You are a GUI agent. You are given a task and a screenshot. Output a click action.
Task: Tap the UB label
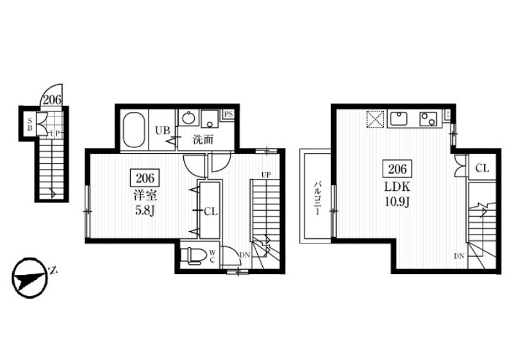pyautogui.click(x=163, y=131)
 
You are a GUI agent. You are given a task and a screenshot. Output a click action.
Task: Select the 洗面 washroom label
pyautogui.click(x=203, y=140)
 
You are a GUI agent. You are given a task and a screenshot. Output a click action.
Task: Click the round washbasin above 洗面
pyautogui.click(x=188, y=118)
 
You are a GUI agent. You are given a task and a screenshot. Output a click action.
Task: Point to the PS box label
pyautogui.click(x=229, y=115)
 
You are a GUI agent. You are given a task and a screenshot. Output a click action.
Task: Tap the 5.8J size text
pyautogui.click(x=145, y=210)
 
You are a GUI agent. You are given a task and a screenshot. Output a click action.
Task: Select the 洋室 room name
pyautogui.click(x=145, y=196)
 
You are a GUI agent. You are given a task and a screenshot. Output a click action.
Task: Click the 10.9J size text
pyautogui.click(x=397, y=202)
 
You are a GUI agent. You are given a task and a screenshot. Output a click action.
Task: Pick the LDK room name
pyautogui.click(x=397, y=187)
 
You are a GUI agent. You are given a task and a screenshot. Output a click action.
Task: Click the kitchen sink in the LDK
pyautogui.click(x=399, y=119)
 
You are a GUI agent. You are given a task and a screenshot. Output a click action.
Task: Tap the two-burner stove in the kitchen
pyautogui.click(x=428, y=119)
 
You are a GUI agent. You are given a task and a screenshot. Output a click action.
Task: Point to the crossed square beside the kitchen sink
pyautogui.click(x=376, y=119)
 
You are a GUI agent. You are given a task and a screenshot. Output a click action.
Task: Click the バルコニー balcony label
pyautogui.click(x=317, y=197)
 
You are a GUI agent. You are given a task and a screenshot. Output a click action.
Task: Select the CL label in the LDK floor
pyautogui.click(x=482, y=168)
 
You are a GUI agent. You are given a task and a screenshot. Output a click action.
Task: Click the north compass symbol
pyautogui.click(x=29, y=278)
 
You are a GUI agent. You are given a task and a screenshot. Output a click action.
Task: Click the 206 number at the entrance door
pyautogui.click(x=53, y=100)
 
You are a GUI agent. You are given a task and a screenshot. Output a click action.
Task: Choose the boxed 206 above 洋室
pyautogui.click(x=145, y=178)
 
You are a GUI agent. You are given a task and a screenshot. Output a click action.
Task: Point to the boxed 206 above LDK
pyautogui.click(x=397, y=169)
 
